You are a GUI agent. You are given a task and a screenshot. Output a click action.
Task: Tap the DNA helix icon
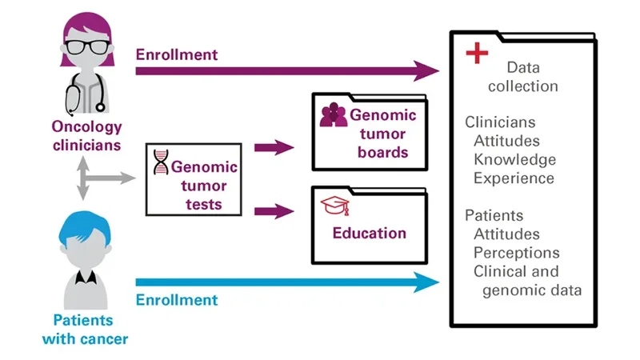point(161,163)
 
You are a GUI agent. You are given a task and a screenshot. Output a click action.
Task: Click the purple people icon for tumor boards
point(333,115)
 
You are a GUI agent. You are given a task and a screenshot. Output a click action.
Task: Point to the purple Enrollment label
point(176,54)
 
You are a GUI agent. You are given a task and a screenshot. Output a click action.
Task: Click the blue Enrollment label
point(176,300)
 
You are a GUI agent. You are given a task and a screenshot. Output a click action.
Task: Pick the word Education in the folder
point(370,234)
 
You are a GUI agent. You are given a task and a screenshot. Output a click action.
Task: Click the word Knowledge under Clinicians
point(514,158)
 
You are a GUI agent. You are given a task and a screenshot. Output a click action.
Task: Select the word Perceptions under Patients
point(516,253)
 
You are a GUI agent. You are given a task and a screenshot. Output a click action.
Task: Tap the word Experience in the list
point(514,178)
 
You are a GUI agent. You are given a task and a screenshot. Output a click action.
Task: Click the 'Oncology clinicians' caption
point(87,136)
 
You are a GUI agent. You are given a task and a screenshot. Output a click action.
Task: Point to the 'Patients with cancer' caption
point(90,329)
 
